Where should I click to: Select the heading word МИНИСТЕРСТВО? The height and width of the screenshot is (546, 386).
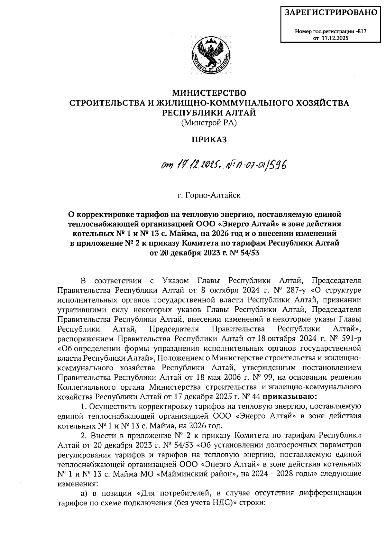(209, 93)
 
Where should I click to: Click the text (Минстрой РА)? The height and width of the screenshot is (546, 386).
(209, 122)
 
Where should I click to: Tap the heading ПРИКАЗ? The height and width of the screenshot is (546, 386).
(209, 139)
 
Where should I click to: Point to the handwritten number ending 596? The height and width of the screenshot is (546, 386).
(274, 165)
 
